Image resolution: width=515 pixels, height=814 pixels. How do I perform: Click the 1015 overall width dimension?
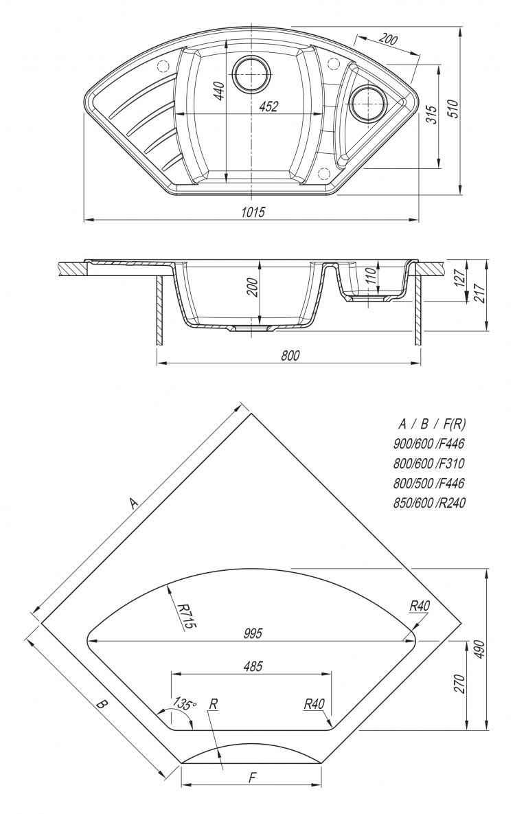pos(253,212)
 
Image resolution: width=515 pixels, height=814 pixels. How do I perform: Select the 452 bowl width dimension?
pos(268,106)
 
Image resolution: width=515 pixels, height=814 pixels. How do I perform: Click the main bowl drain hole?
pos(252,74)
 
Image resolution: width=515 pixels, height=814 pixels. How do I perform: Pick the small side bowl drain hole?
pos(368,103)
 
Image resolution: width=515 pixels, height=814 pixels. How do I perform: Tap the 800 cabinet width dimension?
pos(290,355)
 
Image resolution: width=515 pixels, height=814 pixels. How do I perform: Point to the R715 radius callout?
pos(184,616)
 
